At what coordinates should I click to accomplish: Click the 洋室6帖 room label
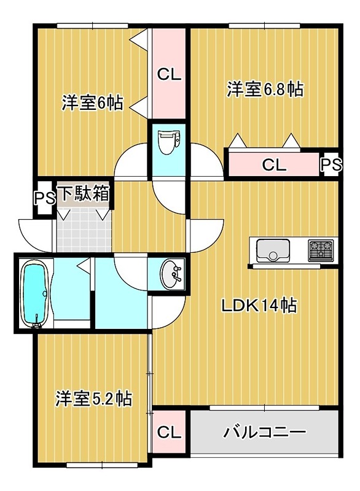point(92,103)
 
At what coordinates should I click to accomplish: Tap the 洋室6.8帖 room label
point(265,90)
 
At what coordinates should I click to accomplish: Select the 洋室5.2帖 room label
point(93,398)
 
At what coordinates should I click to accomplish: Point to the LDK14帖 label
point(259,305)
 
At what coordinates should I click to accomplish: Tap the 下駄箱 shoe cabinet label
point(84,195)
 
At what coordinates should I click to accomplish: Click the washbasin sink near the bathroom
point(172,274)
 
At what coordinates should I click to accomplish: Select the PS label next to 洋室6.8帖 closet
point(330,165)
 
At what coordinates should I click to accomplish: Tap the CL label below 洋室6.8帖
point(273,164)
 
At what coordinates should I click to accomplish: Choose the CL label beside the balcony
point(169,432)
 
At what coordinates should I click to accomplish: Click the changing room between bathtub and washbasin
point(120,295)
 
